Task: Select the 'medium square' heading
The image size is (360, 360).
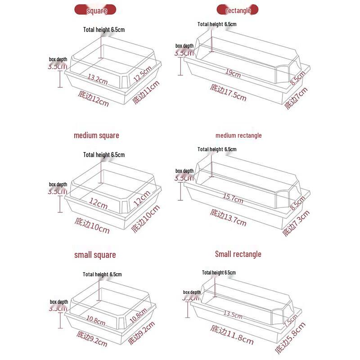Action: (96, 135)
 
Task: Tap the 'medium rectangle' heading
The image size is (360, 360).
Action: (238, 135)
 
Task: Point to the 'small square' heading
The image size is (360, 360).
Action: (95, 255)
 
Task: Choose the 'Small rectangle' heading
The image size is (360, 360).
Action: (238, 254)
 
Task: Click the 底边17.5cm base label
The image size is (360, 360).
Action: (228, 92)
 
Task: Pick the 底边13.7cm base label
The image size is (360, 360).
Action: (228, 218)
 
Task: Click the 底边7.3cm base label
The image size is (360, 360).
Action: (296, 223)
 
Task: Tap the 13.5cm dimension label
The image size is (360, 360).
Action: (233, 315)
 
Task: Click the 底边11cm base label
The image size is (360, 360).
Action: (146, 92)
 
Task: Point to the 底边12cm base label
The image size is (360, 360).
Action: (94, 99)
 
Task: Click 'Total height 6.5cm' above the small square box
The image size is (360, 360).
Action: (102, 274)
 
